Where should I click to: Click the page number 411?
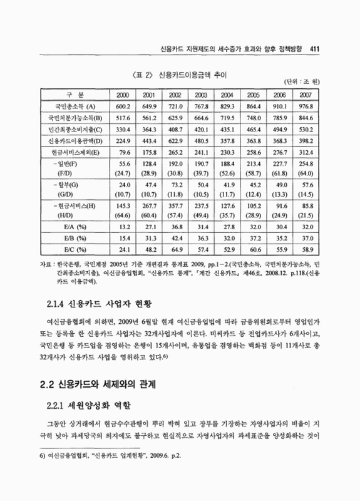click(315, 48)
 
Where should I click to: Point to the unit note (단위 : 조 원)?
click(302, 83)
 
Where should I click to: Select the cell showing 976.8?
click(306, 106)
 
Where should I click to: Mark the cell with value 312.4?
click(306, 151)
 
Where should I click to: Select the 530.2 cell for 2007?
click(306, 128)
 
